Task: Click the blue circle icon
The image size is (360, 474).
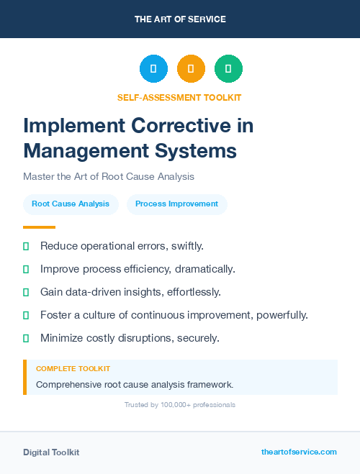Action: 153,69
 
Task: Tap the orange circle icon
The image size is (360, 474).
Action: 191,69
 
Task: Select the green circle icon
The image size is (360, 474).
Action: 228,69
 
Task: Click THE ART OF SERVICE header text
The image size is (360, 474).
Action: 180,19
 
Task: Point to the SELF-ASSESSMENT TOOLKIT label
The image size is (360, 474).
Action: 179,97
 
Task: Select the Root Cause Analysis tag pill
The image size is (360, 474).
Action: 71,204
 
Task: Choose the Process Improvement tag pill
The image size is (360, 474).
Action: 176,204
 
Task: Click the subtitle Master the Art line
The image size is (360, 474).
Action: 109,176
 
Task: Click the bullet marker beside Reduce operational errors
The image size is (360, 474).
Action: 26,246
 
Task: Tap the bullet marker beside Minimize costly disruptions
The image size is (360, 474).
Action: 26,338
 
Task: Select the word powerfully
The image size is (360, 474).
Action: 279,315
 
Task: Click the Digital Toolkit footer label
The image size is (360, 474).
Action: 51,452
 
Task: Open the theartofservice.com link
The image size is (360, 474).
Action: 299,452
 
